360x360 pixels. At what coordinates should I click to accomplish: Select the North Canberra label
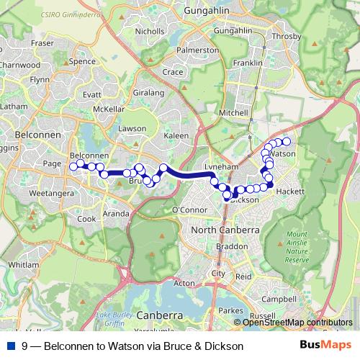[x=225, y=230]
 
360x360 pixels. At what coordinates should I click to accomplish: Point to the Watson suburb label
[x=284, y=154]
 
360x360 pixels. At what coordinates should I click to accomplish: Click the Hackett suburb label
[x=290, y=192]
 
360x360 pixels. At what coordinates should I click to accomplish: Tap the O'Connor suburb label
[x=189, y=210]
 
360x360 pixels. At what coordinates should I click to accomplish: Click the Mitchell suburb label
[x=233, y=113]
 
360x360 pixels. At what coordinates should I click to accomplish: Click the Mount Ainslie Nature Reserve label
[x=297, y=247]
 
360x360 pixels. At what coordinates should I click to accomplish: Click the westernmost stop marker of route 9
[x=73, y=166]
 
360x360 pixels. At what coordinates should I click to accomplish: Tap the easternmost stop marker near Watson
[x=286, y=141]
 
